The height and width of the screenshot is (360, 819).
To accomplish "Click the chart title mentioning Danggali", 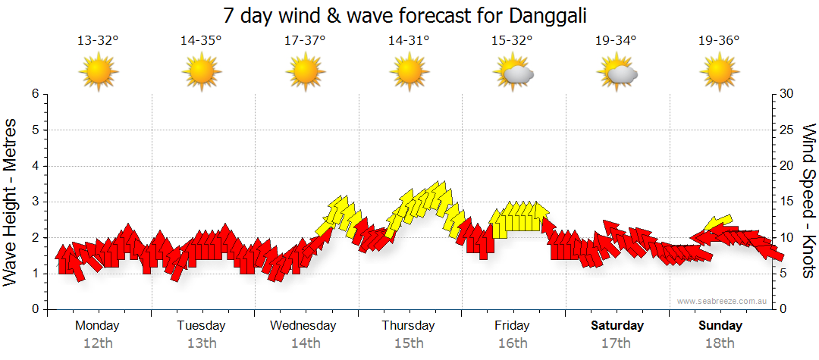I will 406,15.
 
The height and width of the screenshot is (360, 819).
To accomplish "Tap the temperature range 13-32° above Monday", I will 98,41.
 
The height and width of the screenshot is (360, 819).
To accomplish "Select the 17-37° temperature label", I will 305,41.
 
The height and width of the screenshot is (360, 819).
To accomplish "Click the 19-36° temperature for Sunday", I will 719,41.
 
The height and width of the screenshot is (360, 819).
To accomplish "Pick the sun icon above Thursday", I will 409,73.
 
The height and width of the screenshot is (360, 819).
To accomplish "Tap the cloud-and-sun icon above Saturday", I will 617,73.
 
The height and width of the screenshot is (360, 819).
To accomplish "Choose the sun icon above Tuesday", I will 201,73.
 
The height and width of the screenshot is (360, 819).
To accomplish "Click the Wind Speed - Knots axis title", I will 808,202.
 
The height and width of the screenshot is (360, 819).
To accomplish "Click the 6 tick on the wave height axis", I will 34,94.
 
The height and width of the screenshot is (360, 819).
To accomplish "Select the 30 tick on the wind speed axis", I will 787,94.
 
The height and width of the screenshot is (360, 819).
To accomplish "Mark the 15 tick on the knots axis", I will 787,202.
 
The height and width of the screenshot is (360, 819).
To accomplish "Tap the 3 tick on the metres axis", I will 34,202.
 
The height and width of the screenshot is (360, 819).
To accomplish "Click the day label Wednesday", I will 303,325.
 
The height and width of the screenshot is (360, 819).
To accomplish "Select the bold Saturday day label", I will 617,325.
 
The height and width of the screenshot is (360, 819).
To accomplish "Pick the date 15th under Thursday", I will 409,343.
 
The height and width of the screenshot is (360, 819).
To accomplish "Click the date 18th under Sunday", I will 720,343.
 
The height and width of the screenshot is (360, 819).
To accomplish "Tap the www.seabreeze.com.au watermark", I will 723,301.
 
